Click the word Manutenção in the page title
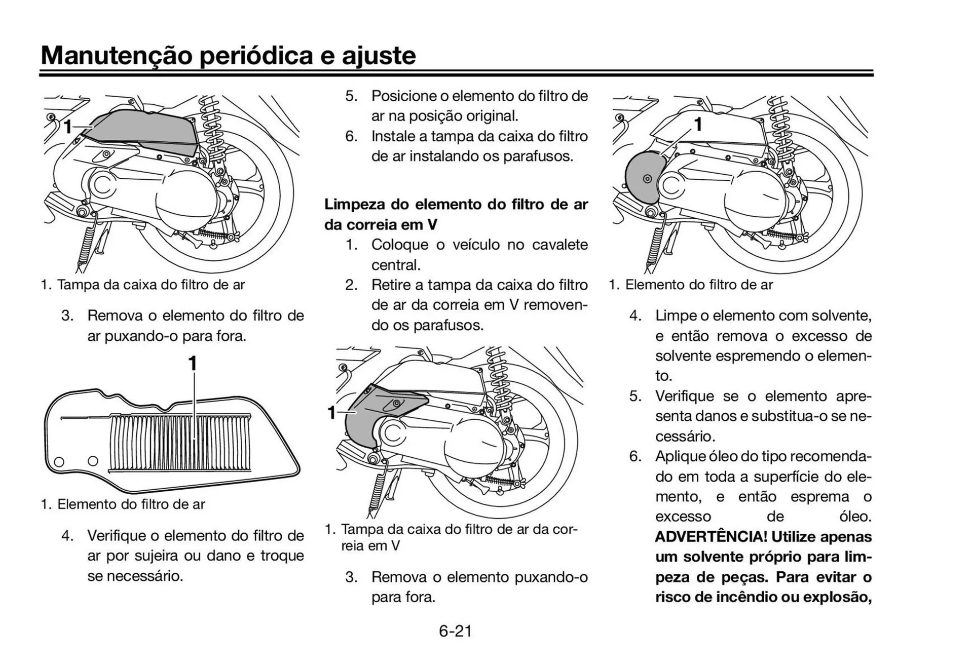click(116, 55)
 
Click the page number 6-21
click(455, 631)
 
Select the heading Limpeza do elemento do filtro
click(456, 205)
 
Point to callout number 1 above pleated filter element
click(193, 364)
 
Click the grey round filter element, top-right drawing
click(641, 177)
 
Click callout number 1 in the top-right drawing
click(698, 124)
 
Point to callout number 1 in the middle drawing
click(332, 413)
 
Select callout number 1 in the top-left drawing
click(67, 127)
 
